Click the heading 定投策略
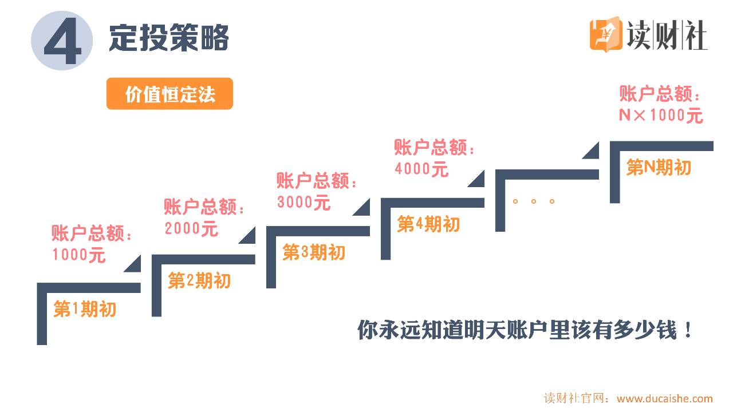click(169, 38)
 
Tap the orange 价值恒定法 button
click(170, 94)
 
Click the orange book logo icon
click(606, 35)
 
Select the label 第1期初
click(85, 310)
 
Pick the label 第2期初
click(199, 281)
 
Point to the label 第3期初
click(314, 252)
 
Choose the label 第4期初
click(428, 224)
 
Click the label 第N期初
click(659, 168)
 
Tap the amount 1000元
click(79, 255)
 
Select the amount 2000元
click(191, 228)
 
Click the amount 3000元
click(304, 202)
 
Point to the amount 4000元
click(421, 169)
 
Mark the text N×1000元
click(661, 116)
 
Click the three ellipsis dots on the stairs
click(533, 201)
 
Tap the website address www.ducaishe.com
click(664, 399)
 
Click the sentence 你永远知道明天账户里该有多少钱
click(525, 330)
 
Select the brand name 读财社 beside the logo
click(667, 35)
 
